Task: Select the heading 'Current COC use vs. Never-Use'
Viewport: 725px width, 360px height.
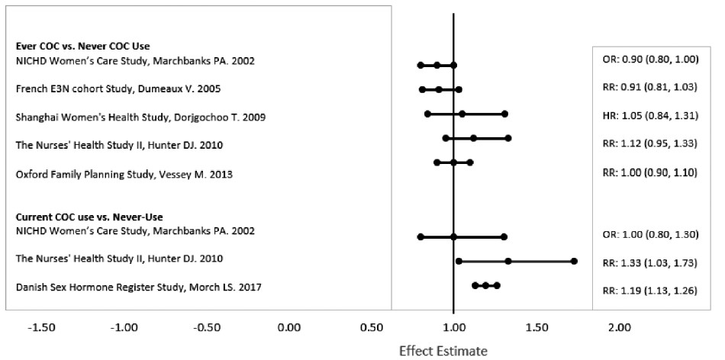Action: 89,217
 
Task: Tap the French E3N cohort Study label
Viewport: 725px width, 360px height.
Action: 118,89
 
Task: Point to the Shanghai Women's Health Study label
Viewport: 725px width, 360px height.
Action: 141,117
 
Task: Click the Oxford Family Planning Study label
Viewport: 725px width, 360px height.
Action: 124,175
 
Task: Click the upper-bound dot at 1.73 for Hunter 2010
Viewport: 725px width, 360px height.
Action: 574,261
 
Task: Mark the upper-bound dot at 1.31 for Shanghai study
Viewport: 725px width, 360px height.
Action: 504,114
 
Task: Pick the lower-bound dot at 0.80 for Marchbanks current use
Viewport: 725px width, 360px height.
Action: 420,236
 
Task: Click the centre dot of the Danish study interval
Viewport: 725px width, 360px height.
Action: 485,285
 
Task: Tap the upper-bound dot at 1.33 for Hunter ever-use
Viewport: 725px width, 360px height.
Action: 508,138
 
